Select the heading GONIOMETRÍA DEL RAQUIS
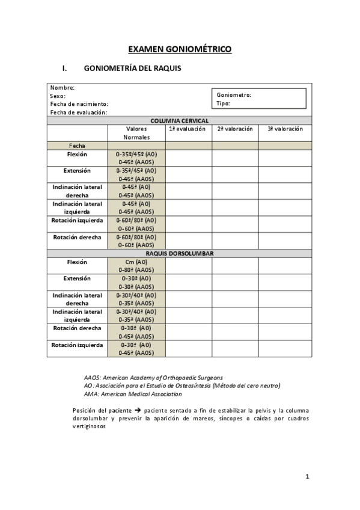(133, 69)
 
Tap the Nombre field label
(62, 88)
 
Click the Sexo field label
(58, 96)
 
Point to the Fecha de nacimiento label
(79, 104)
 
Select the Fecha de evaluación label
(78, 112)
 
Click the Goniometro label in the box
(233, 94)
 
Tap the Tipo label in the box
(223, 103)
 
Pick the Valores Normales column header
(136, 133)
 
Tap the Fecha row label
(77, 146)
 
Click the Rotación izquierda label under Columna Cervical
(77, 220)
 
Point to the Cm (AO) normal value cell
(136, 262)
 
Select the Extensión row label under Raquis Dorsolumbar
(77, 278)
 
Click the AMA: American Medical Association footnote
(132, 394)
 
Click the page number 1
(307, 477)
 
